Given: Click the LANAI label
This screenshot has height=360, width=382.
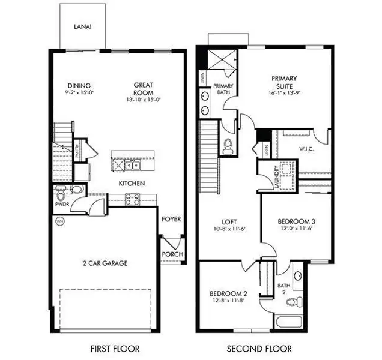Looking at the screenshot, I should [x=83, y=26].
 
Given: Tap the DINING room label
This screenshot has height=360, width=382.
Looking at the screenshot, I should [x=79, y=85].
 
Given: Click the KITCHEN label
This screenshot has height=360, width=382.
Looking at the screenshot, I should [x=131, y=183].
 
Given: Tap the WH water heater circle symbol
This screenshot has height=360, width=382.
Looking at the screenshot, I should [x=59, y=221].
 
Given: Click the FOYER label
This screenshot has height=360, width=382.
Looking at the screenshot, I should [x=171, y=220].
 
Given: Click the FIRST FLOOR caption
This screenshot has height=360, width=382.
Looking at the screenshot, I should [x=114, y=349].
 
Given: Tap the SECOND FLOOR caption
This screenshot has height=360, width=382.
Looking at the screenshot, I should [x=259, y=349].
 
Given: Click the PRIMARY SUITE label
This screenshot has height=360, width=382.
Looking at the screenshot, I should [x=285, y=82].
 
